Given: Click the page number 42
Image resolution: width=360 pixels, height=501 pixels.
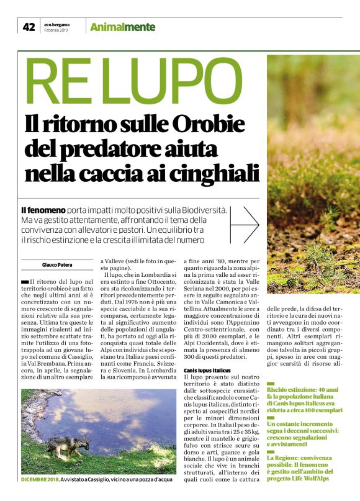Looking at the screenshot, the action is tap(29, 27).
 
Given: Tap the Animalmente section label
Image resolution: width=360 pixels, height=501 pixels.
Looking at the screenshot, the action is tap(123, 27).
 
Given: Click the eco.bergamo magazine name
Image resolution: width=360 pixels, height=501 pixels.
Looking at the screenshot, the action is tap(57, 24).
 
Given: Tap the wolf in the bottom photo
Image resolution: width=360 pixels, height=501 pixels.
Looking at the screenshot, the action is tap(62, 446).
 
